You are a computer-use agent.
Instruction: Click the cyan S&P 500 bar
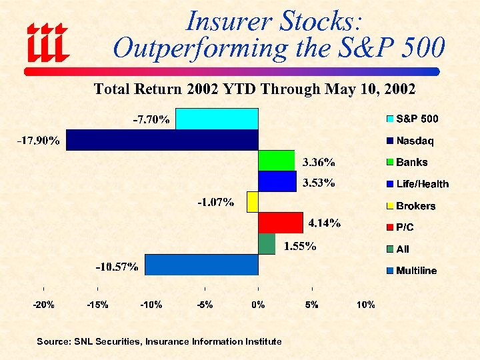(x=217, y=119)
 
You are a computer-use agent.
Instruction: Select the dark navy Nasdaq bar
(x=162, y=140)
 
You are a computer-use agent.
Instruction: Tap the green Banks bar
(x=276, y=161)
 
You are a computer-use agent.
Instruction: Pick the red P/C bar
(x=281, y=223)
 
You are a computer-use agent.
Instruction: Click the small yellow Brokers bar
(x=252, y=202)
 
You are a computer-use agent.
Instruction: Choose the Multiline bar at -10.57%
(x=201, y=265)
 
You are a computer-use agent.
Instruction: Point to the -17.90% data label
(x=39, y=141)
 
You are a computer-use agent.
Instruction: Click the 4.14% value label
(x=325, y=223)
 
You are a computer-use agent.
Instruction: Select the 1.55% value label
(x=300, y=246)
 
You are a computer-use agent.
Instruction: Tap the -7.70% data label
(x=151, y=120)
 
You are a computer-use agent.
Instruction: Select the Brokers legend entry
(x=411, y=206)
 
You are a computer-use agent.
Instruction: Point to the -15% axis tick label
(x=97, y=305)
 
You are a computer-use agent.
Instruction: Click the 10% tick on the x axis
(x=365, y=305)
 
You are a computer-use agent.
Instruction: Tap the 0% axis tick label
(x=258, y=305)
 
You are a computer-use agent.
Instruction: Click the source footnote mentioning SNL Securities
(x=159, y=341)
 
